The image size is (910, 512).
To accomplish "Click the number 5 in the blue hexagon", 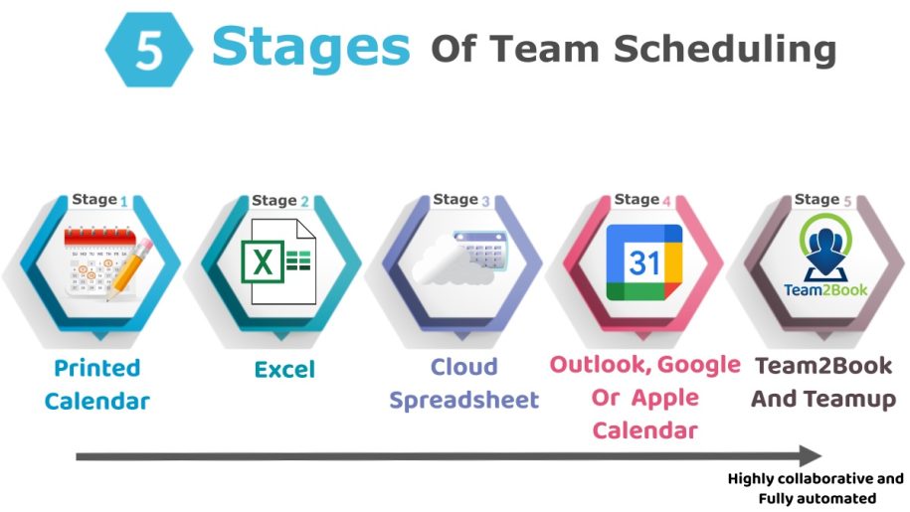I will click(x=148, y=49).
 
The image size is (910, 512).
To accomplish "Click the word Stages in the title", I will click(x=310, y=46).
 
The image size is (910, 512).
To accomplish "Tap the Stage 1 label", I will click(x=99, y=200).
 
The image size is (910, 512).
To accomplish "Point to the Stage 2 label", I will click(x=280, y=201).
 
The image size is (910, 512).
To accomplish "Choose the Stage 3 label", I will click(x=461, y=200).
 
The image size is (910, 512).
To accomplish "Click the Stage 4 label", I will click(x=642, y=200).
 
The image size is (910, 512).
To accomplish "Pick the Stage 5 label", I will click(x=822, y=200).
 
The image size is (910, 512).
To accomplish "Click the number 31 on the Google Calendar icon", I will click(x=644, y=263).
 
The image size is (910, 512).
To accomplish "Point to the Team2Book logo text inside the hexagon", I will click(x=824, y=290).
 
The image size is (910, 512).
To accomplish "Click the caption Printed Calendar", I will click(x=97, y=385).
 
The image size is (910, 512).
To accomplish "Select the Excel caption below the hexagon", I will click(x=284, y=370).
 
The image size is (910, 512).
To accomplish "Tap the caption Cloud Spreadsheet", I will click(x=463, y=384).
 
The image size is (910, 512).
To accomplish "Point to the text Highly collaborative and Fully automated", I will click(x=816, y=488).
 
